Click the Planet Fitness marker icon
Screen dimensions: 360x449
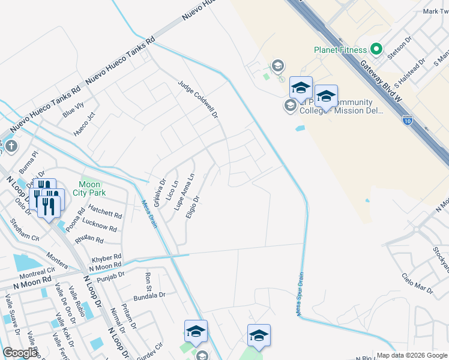(x=377, y=49)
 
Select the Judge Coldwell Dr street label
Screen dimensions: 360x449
(x=197, y=99)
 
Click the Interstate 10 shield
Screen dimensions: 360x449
(x=408, y=120)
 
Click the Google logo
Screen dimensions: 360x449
(x=20, y=353)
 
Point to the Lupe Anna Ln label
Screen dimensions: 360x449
(x=184, y=192)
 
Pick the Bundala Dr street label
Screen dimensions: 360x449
(x=149, y=295)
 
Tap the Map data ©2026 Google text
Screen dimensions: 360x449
(x=411, y=355)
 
